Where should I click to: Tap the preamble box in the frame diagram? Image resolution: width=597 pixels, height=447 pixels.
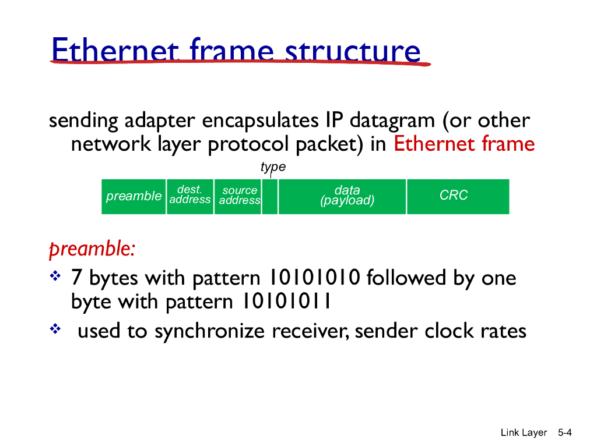[134, 196]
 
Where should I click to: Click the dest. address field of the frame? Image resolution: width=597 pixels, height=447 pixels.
[189, 196]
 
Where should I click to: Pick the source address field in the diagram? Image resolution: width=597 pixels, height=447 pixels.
[239, 196]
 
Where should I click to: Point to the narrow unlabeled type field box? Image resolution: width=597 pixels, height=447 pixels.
[269, 197]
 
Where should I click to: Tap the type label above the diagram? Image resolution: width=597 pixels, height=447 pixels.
[273, 167]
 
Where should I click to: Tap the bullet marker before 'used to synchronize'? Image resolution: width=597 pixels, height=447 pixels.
[55, 329]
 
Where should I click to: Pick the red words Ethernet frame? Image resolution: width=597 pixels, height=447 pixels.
[464, 144]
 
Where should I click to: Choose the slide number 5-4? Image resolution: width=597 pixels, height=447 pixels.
[566, 432]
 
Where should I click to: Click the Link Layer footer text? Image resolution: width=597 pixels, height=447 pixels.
[524, 432]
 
